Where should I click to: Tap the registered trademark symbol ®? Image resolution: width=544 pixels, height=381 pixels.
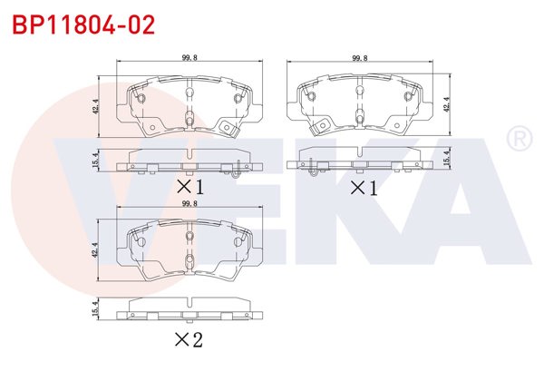pyautogui.click(x=518, y=140)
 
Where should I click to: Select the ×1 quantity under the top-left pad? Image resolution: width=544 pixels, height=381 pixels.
pyautogui.click(x=189, y=187)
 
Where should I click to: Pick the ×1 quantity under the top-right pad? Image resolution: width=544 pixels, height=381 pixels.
pyautogui.click(x=363, y=188)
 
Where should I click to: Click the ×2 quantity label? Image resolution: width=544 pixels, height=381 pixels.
pyautogui.click(x=189, y=340)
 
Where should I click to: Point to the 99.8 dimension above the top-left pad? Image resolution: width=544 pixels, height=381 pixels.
pyautogui.click(x=189, y=58)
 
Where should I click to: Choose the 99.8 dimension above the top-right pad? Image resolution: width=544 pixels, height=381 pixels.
pyautogui.click(x=361, y=58)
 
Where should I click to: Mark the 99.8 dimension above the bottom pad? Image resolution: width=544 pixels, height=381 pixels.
pyautogui.click(x=189, y=206)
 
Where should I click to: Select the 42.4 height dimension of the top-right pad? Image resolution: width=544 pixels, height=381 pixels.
pyautogui.click(x=445, y=105)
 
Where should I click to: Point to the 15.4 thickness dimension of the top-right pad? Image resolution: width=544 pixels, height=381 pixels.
pyautogui.click(x=445, y=161)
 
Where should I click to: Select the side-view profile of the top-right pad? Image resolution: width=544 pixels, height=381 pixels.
pyautogui.click(x=361, y=164)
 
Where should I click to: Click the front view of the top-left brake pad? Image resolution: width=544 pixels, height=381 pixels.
pyautogui.click(x=189, y=104)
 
